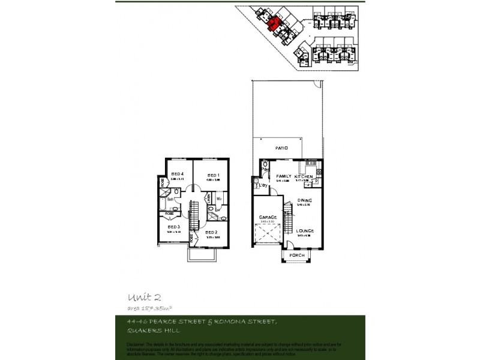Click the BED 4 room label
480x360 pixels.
tap(176, 175)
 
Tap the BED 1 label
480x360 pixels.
tap(213, 175)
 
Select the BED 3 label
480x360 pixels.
tap(173, 227)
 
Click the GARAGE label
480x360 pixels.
tap(268, 217)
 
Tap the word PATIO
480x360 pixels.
tap(282, 148)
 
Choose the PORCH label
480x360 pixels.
tap(297, 255)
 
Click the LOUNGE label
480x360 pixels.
tap(305, 231)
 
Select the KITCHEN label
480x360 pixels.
tap(304, 176)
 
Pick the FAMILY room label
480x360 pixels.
tap(283, 176)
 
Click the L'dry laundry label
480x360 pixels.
tap(262, 185)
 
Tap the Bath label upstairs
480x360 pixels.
tap(170, 199)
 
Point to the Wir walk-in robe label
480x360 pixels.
tap(219, 199)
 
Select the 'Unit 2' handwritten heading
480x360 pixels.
tap(144, 297)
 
